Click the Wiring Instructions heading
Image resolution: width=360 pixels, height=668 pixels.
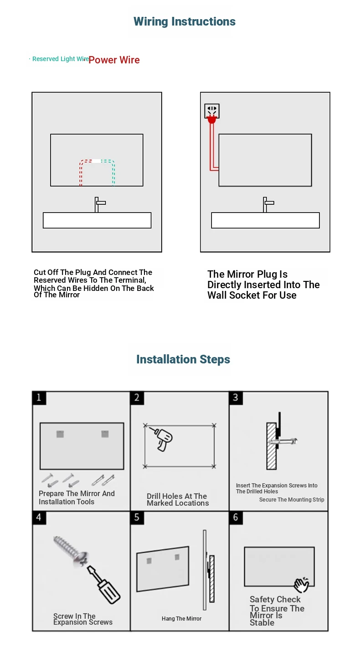point(184,22)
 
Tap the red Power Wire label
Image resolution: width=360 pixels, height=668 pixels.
point(114,60)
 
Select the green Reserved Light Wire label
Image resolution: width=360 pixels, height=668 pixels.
point(61,59)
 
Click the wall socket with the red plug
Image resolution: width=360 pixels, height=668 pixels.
point(212,111)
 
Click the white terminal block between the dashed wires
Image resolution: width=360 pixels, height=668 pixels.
point(96,161)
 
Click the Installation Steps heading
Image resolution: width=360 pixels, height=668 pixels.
point(183,359)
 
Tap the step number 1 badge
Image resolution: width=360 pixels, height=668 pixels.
point(39,398)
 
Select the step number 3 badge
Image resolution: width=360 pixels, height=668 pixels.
point(236,398)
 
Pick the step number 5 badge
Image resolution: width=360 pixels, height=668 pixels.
point(137,518)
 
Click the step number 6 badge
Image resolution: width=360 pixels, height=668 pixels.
point(236,518)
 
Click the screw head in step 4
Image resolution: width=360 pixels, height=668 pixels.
point(81,558)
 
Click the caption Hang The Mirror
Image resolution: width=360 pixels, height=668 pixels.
point(181,618)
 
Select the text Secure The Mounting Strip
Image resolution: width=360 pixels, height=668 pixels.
point(292,499)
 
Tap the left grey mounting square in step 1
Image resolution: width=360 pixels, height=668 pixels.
point(60,434)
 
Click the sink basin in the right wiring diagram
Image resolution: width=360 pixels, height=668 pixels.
point(265,220)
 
